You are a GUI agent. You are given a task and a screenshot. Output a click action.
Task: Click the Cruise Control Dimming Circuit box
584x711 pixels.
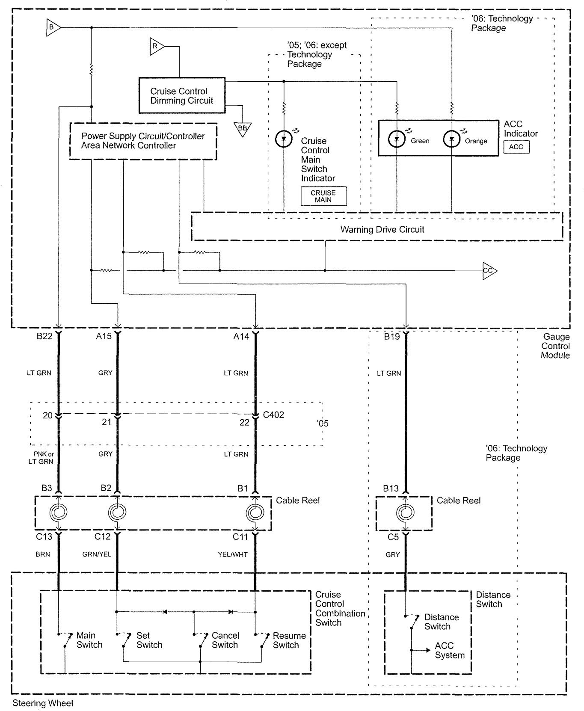click(182, 95)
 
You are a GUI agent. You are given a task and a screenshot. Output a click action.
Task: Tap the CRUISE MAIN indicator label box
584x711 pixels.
click(323, 196)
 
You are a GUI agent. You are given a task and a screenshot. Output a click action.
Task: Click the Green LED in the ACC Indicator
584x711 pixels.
click(397, 139)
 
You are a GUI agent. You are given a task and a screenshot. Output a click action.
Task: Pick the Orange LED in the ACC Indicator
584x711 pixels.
click(451, 139)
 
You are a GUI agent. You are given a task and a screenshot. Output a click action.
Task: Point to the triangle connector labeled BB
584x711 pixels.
click(243, 128)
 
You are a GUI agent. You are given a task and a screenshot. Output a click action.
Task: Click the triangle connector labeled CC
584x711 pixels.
click(489, 271)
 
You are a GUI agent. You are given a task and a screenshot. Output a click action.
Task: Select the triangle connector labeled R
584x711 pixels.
click(156, 46)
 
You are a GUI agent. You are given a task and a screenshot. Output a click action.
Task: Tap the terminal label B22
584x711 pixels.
click(44, 336)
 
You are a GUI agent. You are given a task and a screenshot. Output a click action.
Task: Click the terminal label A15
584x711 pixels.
click(104, 336)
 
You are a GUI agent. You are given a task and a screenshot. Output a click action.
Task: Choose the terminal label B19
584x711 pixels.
click(391, 337)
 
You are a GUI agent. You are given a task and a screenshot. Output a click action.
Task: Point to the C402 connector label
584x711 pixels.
click(273, 415)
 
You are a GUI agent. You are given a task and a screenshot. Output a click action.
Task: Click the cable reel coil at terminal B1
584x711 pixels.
click(255, 512)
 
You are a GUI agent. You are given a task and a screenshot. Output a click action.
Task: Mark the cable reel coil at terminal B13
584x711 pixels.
click(405, 512)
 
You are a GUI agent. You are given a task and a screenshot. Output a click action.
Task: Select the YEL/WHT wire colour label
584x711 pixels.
click(233, 554)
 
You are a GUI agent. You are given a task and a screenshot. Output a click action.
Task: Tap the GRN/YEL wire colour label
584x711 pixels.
click(97, 554)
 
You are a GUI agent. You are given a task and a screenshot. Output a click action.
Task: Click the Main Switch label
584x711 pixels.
click(89, 640)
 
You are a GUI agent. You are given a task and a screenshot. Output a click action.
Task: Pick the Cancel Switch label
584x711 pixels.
click(225, 640)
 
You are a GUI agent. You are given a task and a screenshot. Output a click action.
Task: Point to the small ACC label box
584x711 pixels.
click(516, 147)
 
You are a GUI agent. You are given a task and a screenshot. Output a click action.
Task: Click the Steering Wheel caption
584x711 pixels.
click(43, 703)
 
